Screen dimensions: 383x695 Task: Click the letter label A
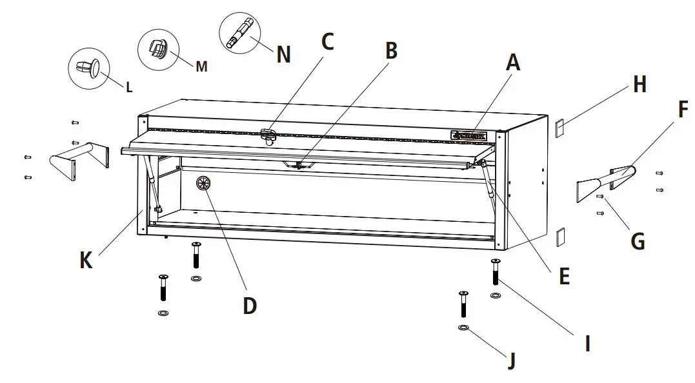point(512,63)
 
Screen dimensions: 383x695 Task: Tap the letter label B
point(390,51)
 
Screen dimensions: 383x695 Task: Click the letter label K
point(86,260)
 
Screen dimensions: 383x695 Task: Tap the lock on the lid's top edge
point(269,134)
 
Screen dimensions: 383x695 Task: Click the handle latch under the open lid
point(298,164)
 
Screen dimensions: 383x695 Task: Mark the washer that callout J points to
point(463,328)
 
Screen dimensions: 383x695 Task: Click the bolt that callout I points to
point(496,271)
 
